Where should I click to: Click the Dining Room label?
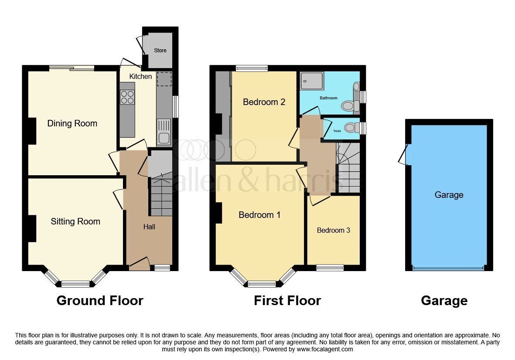[72, 123]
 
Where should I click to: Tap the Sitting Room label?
[75, 221]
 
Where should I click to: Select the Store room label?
[160, 51]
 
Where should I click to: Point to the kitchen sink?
[164, 132]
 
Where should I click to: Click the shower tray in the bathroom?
[312, 81]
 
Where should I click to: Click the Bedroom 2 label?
[264, 102]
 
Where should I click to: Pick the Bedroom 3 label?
[333, 231]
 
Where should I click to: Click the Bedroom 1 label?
[259, 215]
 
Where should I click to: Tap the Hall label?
[149, 227]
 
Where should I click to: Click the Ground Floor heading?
[100, 301]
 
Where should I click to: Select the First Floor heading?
[287, 301]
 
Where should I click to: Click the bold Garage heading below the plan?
[444, 301]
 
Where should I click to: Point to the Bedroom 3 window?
[330, 268]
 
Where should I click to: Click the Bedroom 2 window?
[252, 68]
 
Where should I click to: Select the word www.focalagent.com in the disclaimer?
[325, 349]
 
